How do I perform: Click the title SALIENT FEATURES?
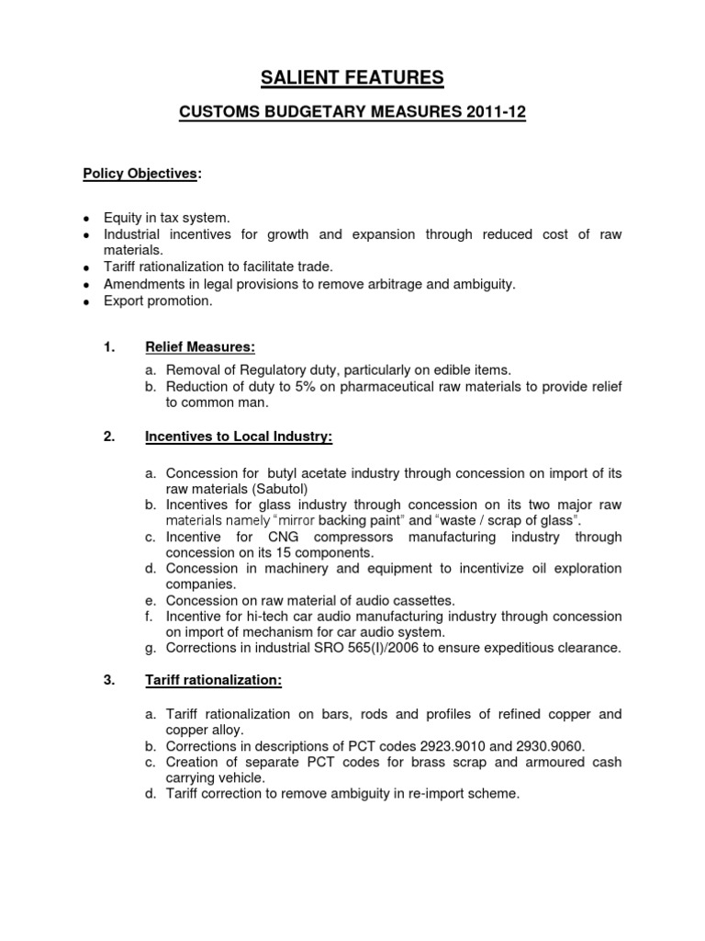[352, 79]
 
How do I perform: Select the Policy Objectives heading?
[140, 173]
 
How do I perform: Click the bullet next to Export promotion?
[85, 302]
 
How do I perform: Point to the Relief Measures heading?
[200, 346]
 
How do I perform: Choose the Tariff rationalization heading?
[213, 681]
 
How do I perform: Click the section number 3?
[108, 681]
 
